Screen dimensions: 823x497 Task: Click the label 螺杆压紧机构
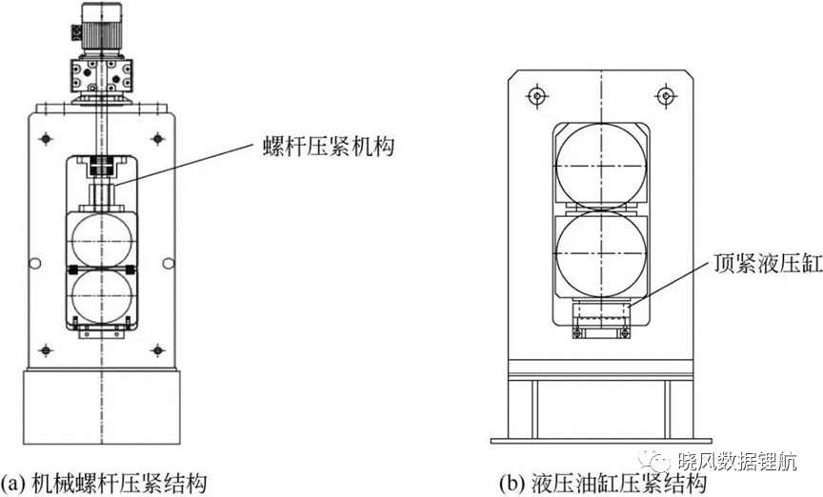[328, 148]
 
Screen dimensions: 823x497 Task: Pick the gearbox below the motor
[101, 76]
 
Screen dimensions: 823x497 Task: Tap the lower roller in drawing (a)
[102, 297]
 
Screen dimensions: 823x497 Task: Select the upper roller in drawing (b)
[601, 165]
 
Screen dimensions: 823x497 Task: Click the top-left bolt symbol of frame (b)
[536, 95]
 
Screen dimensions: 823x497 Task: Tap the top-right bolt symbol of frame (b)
[666, 95]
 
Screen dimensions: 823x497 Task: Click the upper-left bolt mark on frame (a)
[46, 139]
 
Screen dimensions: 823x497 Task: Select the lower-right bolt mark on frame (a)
[157, 349]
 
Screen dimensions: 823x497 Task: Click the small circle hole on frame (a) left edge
[34, 263]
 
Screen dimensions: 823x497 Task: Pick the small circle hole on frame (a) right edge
[168, 263]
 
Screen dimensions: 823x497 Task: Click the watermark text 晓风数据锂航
[737, 462]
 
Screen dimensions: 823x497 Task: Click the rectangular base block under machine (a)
[101, 407]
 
